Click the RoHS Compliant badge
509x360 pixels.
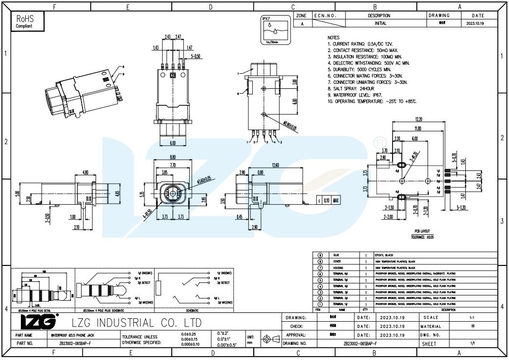(x=27, y=22)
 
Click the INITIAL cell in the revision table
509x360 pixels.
(x=380, y=23)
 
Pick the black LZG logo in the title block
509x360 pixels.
(x=39, y=321)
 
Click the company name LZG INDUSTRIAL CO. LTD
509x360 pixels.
(x=136, y=323)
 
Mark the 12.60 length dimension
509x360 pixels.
(x=276, y=165)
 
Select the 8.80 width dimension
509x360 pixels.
(x=172, y=157)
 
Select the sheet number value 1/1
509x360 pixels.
(x=472, y=344)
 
